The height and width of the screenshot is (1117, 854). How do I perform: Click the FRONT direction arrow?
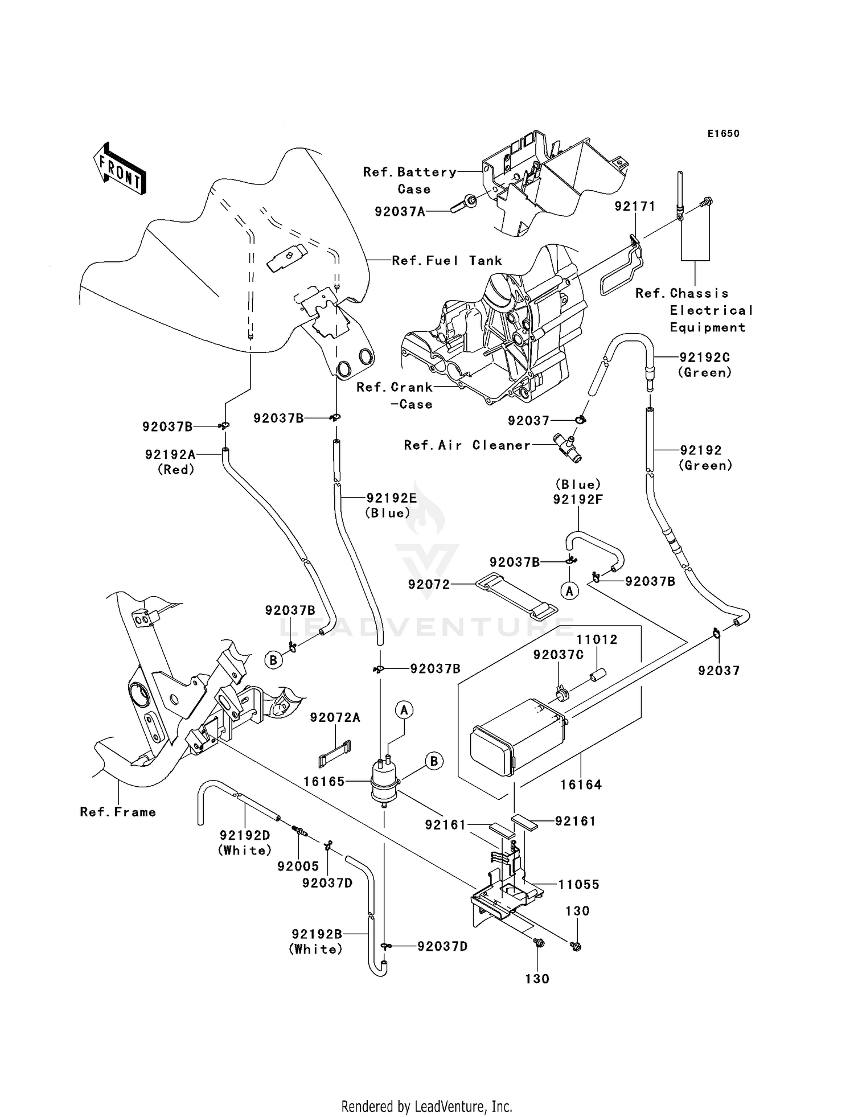tap(120, 169)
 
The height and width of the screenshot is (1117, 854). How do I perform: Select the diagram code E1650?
tap(723, 134)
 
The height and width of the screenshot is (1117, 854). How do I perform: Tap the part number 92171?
tap(634, 206)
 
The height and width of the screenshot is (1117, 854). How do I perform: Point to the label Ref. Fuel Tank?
tap(447, 261)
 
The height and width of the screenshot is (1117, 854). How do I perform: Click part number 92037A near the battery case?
tap(400, 212)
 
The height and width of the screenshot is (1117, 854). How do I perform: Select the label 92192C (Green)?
tap(704, 365)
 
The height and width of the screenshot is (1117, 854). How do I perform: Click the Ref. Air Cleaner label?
tap(467, 445)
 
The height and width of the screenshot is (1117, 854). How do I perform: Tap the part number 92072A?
tap(335, 718)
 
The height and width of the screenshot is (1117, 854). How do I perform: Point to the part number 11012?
tap(597, 639)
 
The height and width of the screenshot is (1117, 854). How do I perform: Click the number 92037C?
tap(558, 655)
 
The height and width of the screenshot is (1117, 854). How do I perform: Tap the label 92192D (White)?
tap(245, 843)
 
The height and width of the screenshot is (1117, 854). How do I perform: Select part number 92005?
tap(298, 867)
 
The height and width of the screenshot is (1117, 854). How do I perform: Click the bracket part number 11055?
tap(578, 884)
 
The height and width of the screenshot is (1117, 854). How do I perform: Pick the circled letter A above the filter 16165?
tap(404, 710)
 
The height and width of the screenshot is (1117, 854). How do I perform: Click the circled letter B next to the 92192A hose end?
tap(273, 660)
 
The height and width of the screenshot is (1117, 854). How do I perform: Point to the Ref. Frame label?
tap(118, 812)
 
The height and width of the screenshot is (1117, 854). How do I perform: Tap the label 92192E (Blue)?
tap(391, 505)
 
